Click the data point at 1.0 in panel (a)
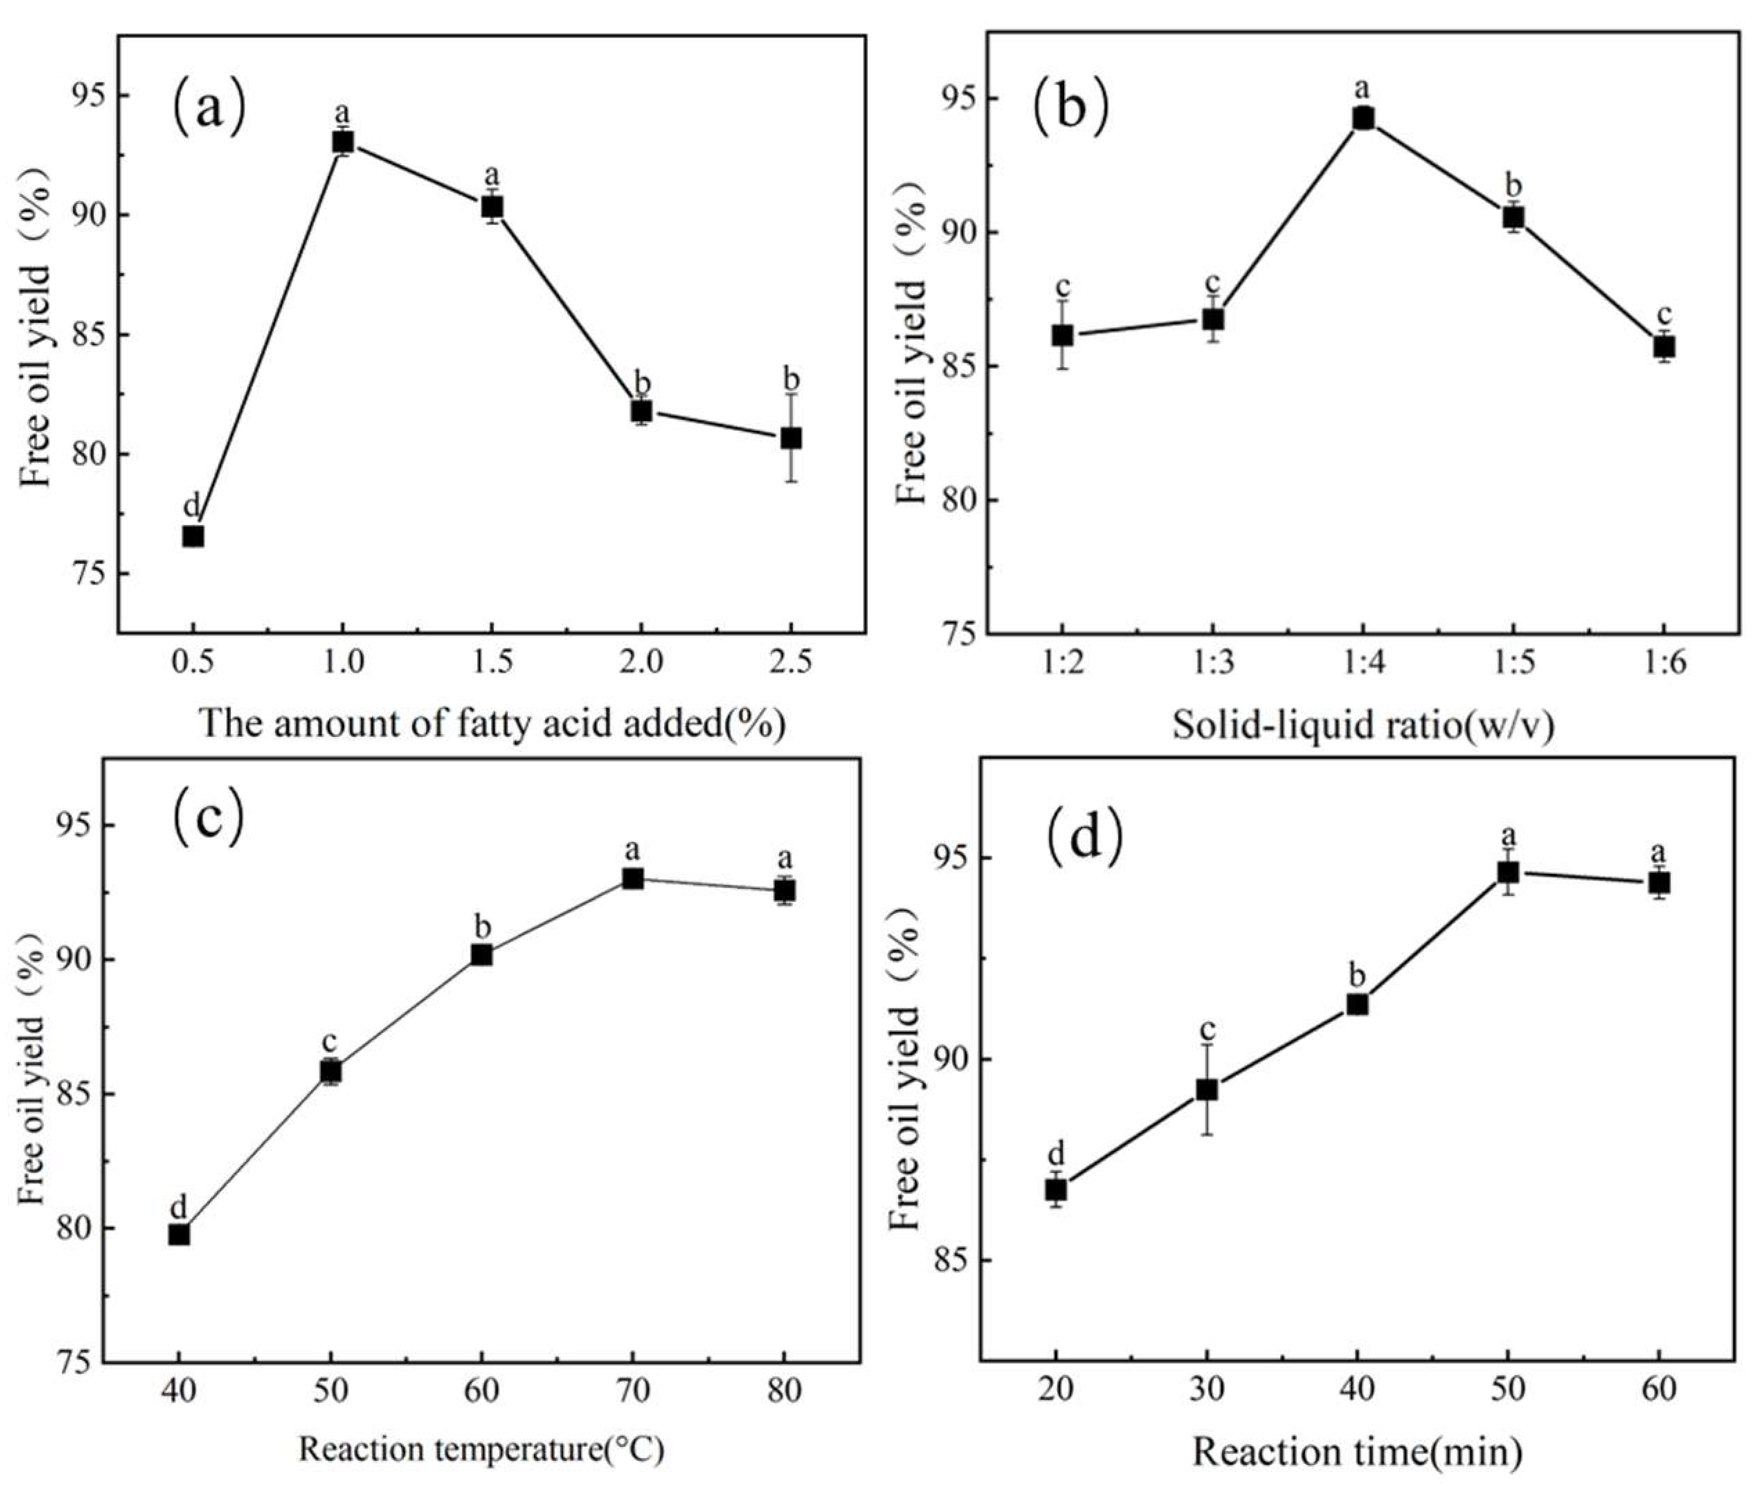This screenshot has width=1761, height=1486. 343,141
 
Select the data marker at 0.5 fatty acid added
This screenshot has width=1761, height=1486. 193,536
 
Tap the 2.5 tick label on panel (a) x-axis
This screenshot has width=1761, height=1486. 791,663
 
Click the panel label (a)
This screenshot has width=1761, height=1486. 209,108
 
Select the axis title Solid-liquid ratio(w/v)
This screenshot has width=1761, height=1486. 1362,725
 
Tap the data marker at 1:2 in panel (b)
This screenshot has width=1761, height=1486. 1063,335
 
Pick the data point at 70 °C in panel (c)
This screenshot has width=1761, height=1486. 633,878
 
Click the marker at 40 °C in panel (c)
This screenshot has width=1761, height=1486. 179,1234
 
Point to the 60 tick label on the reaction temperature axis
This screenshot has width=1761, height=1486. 481,1390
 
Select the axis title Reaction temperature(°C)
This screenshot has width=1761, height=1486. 481,1451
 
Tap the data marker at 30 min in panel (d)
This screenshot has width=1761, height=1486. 1207,1089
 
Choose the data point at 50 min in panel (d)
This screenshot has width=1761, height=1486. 1508,872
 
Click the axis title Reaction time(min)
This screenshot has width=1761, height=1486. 1357,1452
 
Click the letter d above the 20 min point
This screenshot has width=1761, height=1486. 1056,1153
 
